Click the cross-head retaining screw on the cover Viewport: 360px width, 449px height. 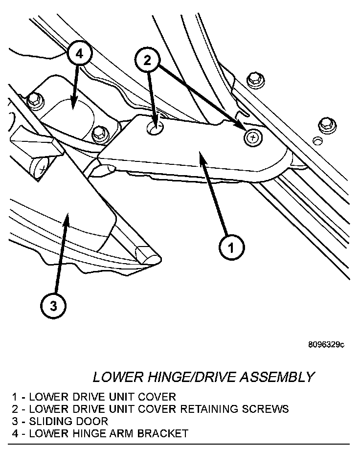click(x=252, y=138)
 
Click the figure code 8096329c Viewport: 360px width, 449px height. click(x=326, y=345)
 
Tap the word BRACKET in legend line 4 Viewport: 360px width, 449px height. click(x=165, y=433)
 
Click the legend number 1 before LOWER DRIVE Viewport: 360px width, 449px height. click(x=16, y=396)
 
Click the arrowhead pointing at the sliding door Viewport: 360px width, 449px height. click(x=66, y=221)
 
